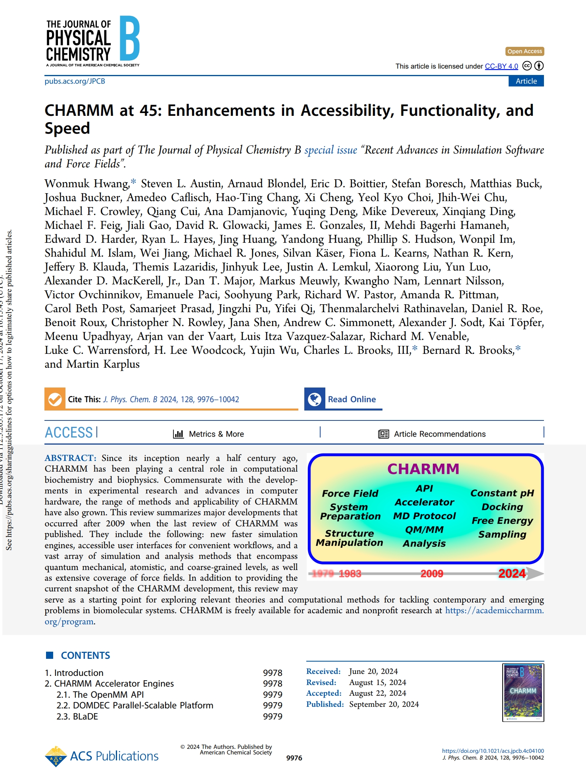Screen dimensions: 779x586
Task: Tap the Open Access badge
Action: pyautogui.click(x=524, y=51)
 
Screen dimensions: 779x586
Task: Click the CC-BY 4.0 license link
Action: pyautogui.click(x=501, y=66)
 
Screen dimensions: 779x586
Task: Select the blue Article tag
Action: pyautogui.click(x=526, y=81)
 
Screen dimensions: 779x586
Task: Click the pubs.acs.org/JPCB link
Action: pyautogui.click(x=75, y=81)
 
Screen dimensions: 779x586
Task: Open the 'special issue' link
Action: pyautogui.click(x=330, y=150)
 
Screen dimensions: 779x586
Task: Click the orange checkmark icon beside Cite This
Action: pyautogui.click(x=55, y=399)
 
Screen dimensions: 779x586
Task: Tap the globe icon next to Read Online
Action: pyautogui.click(x=315, y=399)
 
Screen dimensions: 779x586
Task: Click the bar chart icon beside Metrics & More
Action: pyautogui.click(x=179, y=434)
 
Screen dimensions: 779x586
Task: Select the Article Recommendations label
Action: pyautogui.click(x=439, y=434)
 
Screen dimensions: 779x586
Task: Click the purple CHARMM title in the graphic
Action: pyautogui.click(x=423, y=469)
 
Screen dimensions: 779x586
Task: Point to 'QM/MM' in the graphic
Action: pyautogui.click(x=424, y=530)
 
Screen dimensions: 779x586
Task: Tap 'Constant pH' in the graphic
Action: pyautogui.click(x=502, y=493)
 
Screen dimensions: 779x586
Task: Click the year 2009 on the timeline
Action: pyautogui.click(x=432, y=574)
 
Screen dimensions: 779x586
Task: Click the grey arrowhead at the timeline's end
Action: pyautogui.click(x=536, y=574)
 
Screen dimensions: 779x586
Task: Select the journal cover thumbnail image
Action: pyautogui.click(x=523, y=693)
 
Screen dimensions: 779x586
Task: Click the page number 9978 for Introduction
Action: pyautogui.click(x=273, y=673)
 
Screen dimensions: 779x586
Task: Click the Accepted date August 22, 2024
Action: pyautogui.click(x=377, y=693)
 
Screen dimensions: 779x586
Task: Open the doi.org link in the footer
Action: pyautogui.click(x=493, y=751)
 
